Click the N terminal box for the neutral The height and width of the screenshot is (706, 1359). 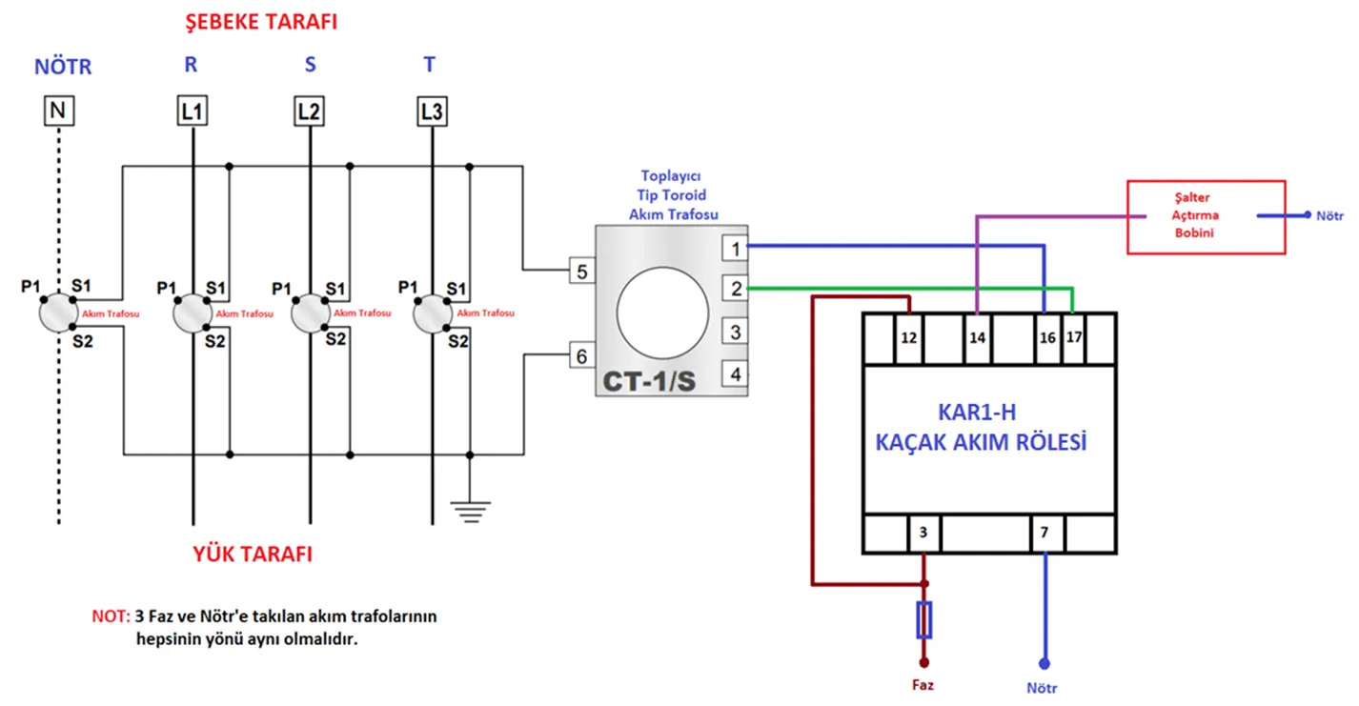tap(58, 112)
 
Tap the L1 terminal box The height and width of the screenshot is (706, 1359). tap(193, 112)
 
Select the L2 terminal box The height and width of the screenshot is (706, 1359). tap(309, 112)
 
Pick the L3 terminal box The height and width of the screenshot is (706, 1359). tap(431, 112)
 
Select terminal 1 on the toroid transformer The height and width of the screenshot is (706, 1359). tap(735, 249)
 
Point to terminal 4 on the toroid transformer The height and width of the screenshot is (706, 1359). tap(735, 374)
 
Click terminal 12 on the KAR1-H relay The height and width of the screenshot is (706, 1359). tap(909, 338)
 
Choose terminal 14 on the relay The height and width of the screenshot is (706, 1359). tap(978, 338)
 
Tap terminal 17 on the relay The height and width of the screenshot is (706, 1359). tap(1073, 338)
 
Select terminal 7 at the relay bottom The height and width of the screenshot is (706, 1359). tap(1045, 533)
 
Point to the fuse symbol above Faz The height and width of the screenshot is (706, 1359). tap(923, 619)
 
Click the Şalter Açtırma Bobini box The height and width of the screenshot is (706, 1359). tap(1205, 217)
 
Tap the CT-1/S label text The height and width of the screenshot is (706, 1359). tap(649, 381)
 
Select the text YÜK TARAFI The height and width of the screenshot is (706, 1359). tap(253, 555)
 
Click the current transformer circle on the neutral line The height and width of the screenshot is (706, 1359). tap(58, 312)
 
